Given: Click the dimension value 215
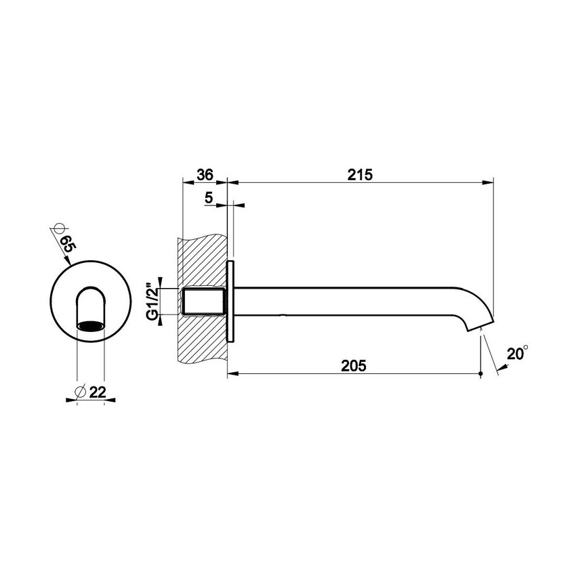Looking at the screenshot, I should pos(359,174).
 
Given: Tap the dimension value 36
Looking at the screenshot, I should pos(205,174).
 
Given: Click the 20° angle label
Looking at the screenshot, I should pos(517,353).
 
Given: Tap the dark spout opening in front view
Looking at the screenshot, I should pos(91,327).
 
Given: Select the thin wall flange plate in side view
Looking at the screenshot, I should pos(230,302).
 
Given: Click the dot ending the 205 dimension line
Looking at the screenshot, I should pos(480,373).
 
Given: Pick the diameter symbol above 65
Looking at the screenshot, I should pos(57,228).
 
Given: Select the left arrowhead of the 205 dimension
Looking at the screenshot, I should pos(232,373).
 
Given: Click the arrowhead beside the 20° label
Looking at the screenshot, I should pos(501,368).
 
